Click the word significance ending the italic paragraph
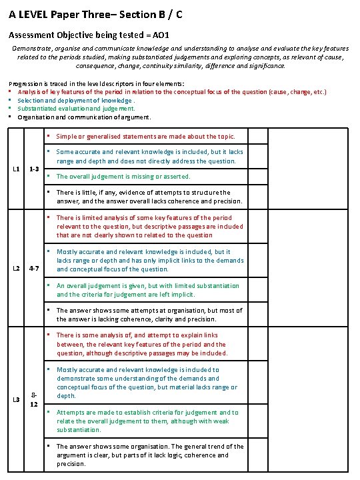click(x=265, y=66)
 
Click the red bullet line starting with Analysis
click(x=167, y=91)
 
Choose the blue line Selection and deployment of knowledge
click(x=69, y=100)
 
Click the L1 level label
click(x=16, y=169)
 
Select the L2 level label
click(x=16, y=269)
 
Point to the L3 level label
click(x=16, y=399)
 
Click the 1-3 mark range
click(x=36, y=169)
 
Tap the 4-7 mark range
click(x=36, y=269)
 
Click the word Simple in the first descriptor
click(x=67, y=136)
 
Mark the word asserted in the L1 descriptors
click(x=176, y=177)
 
